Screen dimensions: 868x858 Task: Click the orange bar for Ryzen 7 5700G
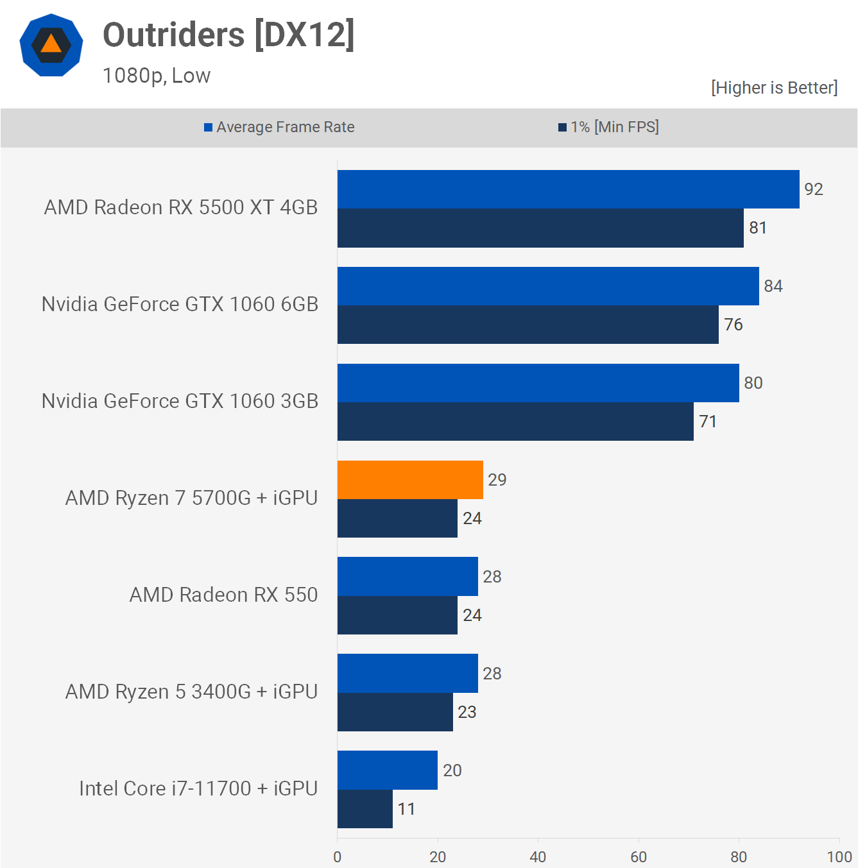(410, 480)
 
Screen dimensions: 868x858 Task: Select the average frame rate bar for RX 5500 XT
(568, 189)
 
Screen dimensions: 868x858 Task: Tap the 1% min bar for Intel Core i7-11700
(365, 809)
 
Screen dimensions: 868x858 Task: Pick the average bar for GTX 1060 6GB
(548, 286)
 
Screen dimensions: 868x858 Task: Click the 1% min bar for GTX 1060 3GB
(515, 421)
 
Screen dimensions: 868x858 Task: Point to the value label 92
(813, 189)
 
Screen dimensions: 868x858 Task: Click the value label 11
(406, 809)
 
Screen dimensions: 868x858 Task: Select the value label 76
(733, 325)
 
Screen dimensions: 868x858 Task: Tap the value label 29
(497, 480)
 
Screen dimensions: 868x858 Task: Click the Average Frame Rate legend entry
(279, 127)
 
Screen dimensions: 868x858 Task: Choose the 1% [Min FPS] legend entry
(608, 127)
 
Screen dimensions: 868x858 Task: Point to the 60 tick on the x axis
(639, 856)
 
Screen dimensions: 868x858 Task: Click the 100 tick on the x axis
(839, 856)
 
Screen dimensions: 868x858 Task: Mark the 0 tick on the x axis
(338, 856)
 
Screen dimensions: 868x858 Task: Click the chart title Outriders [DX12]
(228, 35)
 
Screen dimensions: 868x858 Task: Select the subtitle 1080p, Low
(157, 76)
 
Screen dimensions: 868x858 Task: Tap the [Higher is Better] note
(774, 88)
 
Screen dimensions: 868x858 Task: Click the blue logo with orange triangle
(51, 45)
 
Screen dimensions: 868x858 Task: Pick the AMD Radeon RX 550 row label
(223, 595)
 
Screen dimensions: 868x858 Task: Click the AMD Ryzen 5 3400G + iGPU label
(191, 692)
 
